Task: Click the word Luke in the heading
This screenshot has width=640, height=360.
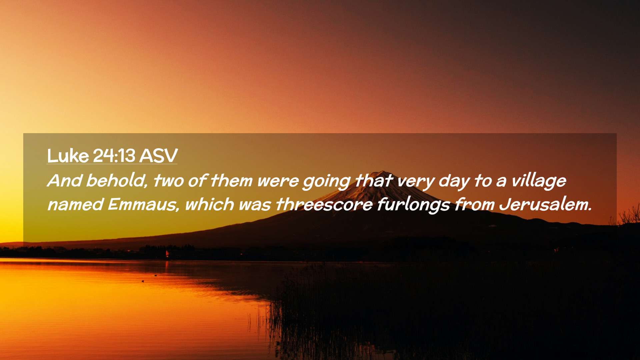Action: (68, 156)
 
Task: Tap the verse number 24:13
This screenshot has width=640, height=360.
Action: (114, 156)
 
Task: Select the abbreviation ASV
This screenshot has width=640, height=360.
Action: (158, 156)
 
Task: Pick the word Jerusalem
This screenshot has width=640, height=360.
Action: (545, 204)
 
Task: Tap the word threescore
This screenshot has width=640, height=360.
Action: (324, 204)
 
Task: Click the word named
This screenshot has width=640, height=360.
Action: (75, 204)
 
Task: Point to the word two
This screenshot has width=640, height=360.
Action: (168, 181)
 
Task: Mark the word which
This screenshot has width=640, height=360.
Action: (210, 204)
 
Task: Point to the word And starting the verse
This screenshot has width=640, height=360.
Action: (65, 181)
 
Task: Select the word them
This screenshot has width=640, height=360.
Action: (231, 181)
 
